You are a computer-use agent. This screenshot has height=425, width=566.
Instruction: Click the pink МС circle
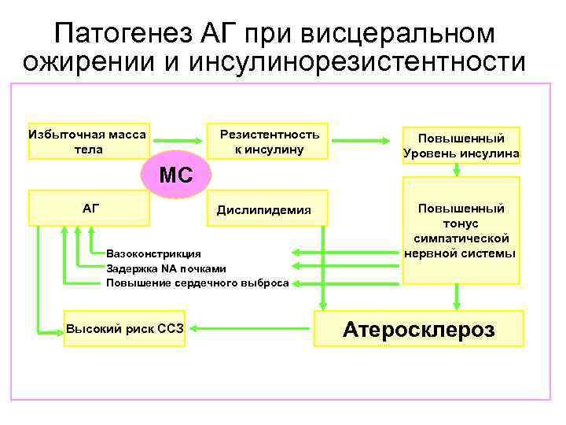pos(176,174)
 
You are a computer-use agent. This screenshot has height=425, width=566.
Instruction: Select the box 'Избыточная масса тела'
pos(88,141)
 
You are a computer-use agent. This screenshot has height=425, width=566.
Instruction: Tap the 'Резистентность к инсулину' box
pos(269,141)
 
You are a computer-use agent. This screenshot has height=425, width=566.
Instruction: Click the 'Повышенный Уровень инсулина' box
pos(461,143)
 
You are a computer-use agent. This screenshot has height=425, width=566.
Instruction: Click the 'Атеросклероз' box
pos(417,328)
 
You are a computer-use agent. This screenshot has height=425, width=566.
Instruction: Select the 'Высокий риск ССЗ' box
pos(125,328)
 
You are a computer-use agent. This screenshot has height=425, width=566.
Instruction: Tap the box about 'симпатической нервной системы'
pos(461,230)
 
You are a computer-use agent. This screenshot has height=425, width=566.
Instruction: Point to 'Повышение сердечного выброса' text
pos(197,283)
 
